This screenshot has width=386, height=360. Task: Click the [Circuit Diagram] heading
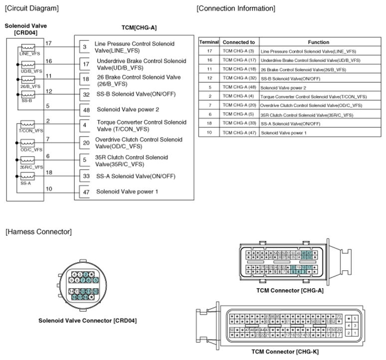(31, 8)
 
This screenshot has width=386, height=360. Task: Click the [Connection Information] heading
(235, 8)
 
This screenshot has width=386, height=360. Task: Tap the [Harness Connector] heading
(38, 231)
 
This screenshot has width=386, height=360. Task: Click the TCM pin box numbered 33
(85, 176)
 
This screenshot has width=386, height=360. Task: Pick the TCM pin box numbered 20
(85, 143)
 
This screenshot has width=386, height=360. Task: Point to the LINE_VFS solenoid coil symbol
(27, 47)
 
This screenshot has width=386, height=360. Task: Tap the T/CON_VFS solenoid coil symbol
(27, 124)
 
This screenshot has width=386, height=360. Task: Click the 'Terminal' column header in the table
(209, 42)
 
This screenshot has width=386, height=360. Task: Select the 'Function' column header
(318, 42)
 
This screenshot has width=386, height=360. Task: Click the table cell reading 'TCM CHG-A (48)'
(239, 87)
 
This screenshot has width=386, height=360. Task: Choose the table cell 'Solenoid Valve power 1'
(284, 132)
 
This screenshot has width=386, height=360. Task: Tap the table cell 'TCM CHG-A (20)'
(239, 105)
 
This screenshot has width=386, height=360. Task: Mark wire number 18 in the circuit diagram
(48, 172)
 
